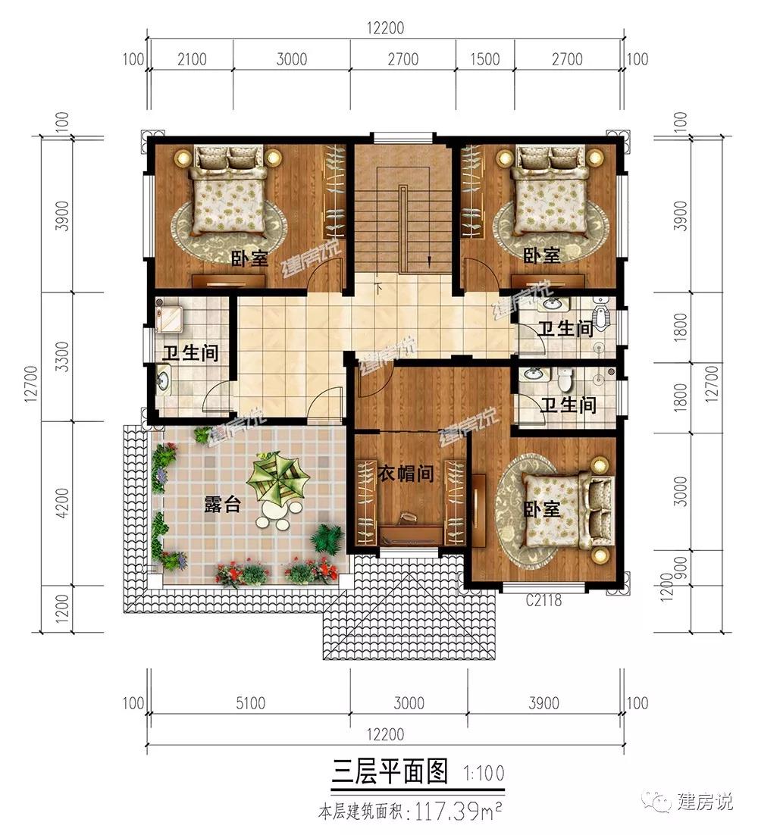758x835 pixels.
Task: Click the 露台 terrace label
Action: point(223,503)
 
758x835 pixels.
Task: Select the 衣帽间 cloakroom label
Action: point(406,472)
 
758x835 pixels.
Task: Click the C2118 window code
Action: point(543,600)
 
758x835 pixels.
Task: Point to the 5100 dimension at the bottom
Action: point(250,703)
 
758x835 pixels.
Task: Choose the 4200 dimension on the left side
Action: point(62,503)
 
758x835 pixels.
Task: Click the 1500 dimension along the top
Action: point(484,58)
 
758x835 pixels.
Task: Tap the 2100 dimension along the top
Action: point(192,58)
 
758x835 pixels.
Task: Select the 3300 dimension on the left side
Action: point(62,356)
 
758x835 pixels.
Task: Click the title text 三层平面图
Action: point(390,771)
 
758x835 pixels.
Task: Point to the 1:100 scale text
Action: point(484,773)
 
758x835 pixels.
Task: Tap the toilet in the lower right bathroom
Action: point(564,379)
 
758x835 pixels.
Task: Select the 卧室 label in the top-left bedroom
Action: point(249,259)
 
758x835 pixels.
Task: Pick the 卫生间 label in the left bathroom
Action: point(191,352)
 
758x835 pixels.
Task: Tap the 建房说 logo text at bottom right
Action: point(705,802)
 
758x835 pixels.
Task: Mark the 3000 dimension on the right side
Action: point(680,491)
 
